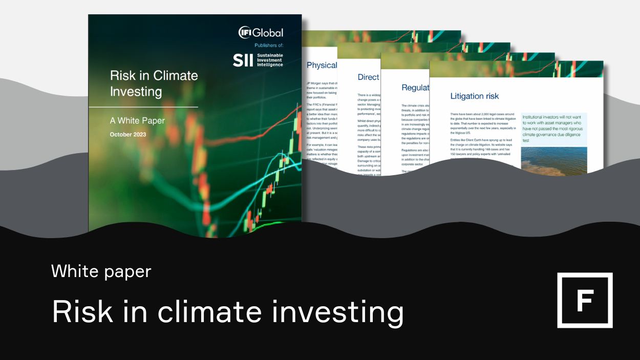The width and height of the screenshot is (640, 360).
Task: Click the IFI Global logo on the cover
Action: [261, 33]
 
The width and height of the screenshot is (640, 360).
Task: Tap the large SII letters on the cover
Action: [243, 60]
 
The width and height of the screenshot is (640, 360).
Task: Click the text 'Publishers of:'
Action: [269, 46]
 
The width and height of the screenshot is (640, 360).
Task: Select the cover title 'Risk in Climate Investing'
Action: [154, 83]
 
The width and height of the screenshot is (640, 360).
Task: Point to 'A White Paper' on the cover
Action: [137, 121]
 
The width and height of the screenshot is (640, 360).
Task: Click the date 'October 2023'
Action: [128, 135]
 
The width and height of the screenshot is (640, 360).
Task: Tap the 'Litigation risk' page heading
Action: [474, 96]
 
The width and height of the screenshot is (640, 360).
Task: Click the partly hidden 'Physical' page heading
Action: [322, 65]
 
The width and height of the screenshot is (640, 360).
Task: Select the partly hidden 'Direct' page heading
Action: [368, 77]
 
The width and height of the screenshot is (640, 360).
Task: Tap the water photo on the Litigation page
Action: [553, 161]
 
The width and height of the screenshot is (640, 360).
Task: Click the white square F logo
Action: [585, 300]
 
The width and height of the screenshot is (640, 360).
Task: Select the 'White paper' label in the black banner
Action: [101, 271]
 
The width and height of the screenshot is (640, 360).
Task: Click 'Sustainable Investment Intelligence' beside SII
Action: [270, 60]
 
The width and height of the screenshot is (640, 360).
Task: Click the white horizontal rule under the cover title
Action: [143, 107]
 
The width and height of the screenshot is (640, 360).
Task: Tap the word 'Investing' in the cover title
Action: [136, 92]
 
